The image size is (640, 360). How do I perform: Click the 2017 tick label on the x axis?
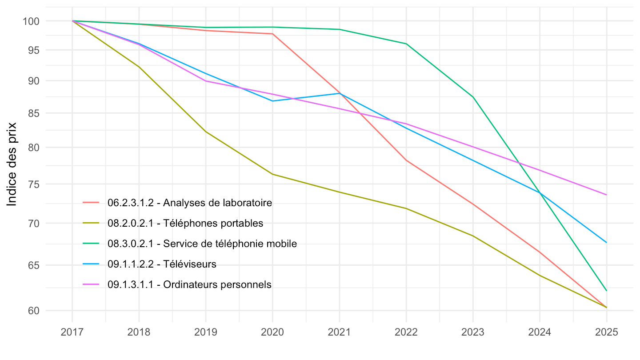tap(72, 332)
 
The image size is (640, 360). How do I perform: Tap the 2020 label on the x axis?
tap(272, 332)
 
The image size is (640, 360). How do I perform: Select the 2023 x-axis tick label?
tap(473, 332)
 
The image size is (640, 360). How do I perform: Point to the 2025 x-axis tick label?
tap(606, 332)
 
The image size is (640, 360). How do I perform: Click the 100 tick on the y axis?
tap(33, 21)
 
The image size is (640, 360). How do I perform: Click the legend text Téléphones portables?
tap(185, 223)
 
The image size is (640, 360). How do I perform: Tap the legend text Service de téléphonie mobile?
tap(202, 244)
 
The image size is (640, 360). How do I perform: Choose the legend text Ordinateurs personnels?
tap(189, 284)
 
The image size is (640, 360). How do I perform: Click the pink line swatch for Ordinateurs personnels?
tap(91, 284)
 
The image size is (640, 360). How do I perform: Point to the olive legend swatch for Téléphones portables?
tap(91, 223)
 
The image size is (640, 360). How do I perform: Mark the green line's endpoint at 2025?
tap(606, 291)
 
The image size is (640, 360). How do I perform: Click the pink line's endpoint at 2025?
tap(606, 195)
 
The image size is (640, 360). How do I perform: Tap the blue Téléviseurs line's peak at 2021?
tap(339, 93)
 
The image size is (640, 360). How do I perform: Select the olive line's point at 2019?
tap(206, 132)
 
